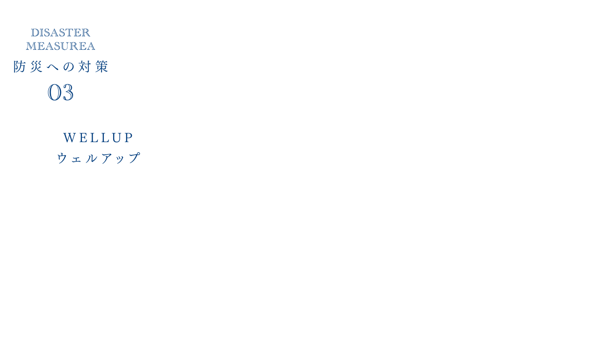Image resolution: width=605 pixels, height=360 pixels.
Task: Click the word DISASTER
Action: (60, 33)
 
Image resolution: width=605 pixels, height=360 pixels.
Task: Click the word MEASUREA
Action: (60, 46)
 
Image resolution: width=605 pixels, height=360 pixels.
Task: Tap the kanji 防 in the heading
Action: (20, 67)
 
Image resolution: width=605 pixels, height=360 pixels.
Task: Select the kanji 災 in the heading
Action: (36, 67)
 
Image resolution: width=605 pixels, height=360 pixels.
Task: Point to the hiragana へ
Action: (53, 67)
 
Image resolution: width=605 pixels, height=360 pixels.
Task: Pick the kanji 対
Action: (85, 67)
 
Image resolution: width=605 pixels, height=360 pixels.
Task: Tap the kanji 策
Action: (101, 67)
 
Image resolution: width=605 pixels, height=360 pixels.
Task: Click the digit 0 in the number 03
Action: (54, 92)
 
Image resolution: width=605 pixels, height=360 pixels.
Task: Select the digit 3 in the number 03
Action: (67, 92)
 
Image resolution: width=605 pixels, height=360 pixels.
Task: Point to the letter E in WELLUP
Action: (83, 137)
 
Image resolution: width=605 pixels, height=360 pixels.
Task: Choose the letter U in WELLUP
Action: (117, 137)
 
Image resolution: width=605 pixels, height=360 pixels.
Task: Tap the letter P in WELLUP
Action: (129, 137)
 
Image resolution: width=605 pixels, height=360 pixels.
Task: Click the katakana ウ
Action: (62, 158)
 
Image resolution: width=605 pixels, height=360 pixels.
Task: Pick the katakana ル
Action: (91, 158)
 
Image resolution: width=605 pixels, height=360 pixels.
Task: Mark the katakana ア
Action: (107, 158)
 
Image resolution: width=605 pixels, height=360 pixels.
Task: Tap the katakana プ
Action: (134, 158)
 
